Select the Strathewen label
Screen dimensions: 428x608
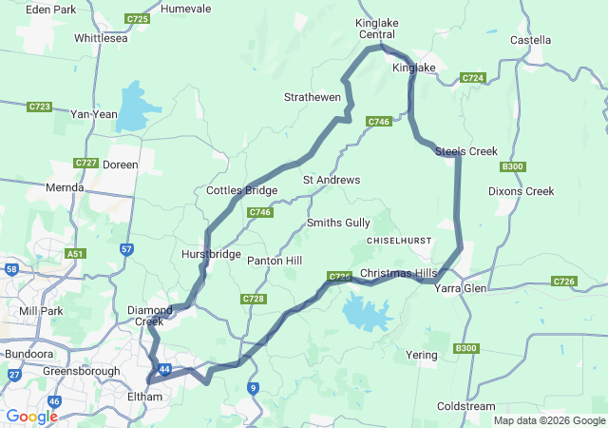(313, 97)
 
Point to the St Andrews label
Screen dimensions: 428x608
(332, 180)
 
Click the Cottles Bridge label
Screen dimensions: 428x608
(241, 191)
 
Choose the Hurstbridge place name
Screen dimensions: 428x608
(211, 255)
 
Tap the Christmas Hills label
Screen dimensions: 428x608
(399, 274)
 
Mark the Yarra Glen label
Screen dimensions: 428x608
(461, 287)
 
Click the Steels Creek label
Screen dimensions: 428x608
(466, 151)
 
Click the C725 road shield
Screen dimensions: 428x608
(138, 18)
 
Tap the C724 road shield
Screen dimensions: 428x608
(473, 77)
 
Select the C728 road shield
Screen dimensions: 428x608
(253, 299)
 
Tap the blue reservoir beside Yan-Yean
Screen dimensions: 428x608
(136, 107)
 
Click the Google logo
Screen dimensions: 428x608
(31, 417)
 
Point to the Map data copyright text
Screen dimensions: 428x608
(548, 420)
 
